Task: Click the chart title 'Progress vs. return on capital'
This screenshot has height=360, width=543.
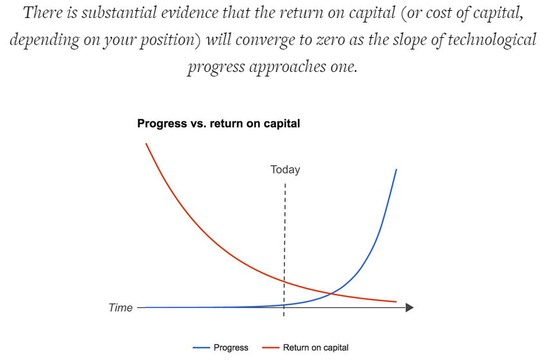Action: pos(219,123)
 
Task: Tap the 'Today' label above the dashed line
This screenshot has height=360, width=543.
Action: pos(285,170)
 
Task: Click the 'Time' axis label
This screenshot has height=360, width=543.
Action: pos(120,307)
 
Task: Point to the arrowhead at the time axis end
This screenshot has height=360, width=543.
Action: pos(410,307)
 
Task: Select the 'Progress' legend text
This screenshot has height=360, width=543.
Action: pos(231,348)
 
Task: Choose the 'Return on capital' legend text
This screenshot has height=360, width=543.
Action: pos(316,348)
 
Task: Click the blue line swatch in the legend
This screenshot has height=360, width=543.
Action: pos(201,348)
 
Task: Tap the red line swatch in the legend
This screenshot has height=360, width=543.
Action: pos(270,348)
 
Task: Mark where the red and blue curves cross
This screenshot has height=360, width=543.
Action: pos(331,294)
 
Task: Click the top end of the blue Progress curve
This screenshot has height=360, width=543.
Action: pos(396,170)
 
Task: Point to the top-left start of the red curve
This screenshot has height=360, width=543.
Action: pos(146,143)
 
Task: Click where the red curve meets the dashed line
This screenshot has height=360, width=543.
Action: pos(284,282)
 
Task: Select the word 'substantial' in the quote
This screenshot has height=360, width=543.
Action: pos(119,13)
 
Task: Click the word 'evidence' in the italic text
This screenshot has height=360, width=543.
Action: pos(190,13)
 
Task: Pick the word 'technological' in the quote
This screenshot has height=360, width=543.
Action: pos(492,39)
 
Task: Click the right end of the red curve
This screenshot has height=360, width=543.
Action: pos(396,302)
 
